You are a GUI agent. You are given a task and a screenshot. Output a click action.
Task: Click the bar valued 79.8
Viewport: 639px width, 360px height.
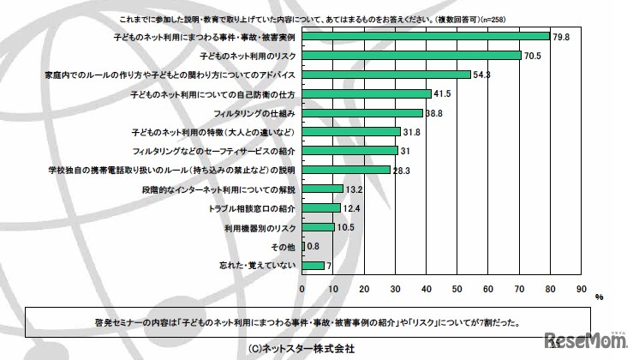[426, 36]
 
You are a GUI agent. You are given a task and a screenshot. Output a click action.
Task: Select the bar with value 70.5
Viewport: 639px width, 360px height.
[411, 55]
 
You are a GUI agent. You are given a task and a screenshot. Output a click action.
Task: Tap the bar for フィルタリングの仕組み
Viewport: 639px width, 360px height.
[362, 112]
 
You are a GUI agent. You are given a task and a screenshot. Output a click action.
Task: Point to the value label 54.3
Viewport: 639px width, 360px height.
[481, 75]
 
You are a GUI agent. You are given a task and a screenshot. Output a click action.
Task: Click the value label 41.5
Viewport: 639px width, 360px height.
[442, 93]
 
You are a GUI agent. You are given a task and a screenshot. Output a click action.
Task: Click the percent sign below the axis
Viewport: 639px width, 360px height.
[599, 297]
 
